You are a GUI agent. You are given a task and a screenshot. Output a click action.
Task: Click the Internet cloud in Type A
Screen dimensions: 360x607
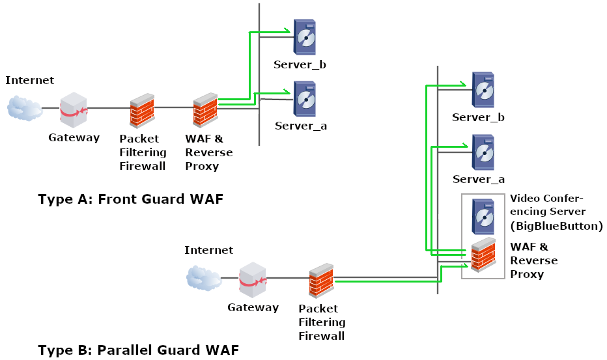coord(25,108)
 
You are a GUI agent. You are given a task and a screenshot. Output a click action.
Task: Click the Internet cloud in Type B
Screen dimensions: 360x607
coord(203,278)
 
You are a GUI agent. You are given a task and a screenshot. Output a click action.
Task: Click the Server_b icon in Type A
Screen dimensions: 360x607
coord(304,37)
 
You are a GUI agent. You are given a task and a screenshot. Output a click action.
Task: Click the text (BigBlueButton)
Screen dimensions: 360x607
coord(557,226)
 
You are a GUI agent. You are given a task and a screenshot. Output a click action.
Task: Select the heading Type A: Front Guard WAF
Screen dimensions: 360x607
coord(130,199)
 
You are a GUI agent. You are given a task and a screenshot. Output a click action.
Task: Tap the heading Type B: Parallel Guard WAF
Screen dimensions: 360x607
coord(138,350)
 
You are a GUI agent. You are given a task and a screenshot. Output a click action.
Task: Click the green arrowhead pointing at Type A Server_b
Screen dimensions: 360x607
coord(287,31)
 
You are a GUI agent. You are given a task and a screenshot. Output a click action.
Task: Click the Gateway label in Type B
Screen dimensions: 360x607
coord(253,307)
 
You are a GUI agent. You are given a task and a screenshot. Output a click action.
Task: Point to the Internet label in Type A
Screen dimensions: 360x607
coord(29,80)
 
